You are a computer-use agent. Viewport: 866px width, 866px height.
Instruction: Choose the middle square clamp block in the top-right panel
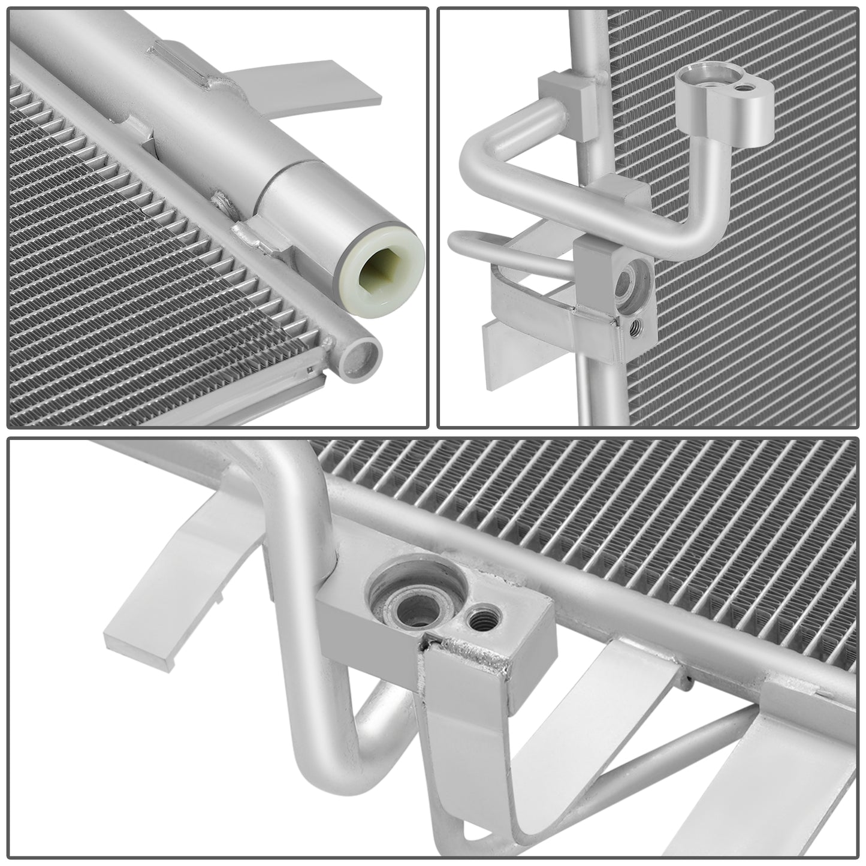pyautogui.click(x=626, y=192)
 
